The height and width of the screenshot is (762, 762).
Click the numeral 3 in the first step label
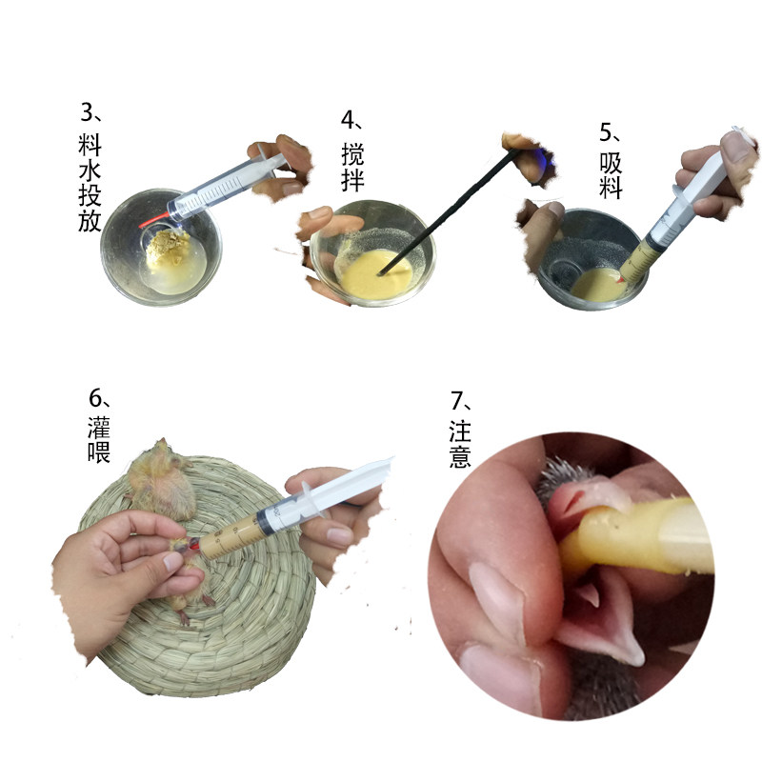[87, 112]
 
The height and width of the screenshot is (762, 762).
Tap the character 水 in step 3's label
[90, 170]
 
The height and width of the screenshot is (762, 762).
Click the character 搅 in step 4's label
[352, 154]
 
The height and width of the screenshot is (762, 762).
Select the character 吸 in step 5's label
[611, 163]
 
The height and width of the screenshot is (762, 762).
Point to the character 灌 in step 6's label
[99, 427]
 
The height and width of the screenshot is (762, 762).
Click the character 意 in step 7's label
[460, 457]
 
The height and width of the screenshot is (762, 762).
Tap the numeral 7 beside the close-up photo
[456, 400]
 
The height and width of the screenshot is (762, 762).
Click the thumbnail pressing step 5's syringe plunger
[736, 147]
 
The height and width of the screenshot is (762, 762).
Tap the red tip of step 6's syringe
[193, 546]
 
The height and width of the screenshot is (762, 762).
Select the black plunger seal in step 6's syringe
[264, 523]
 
